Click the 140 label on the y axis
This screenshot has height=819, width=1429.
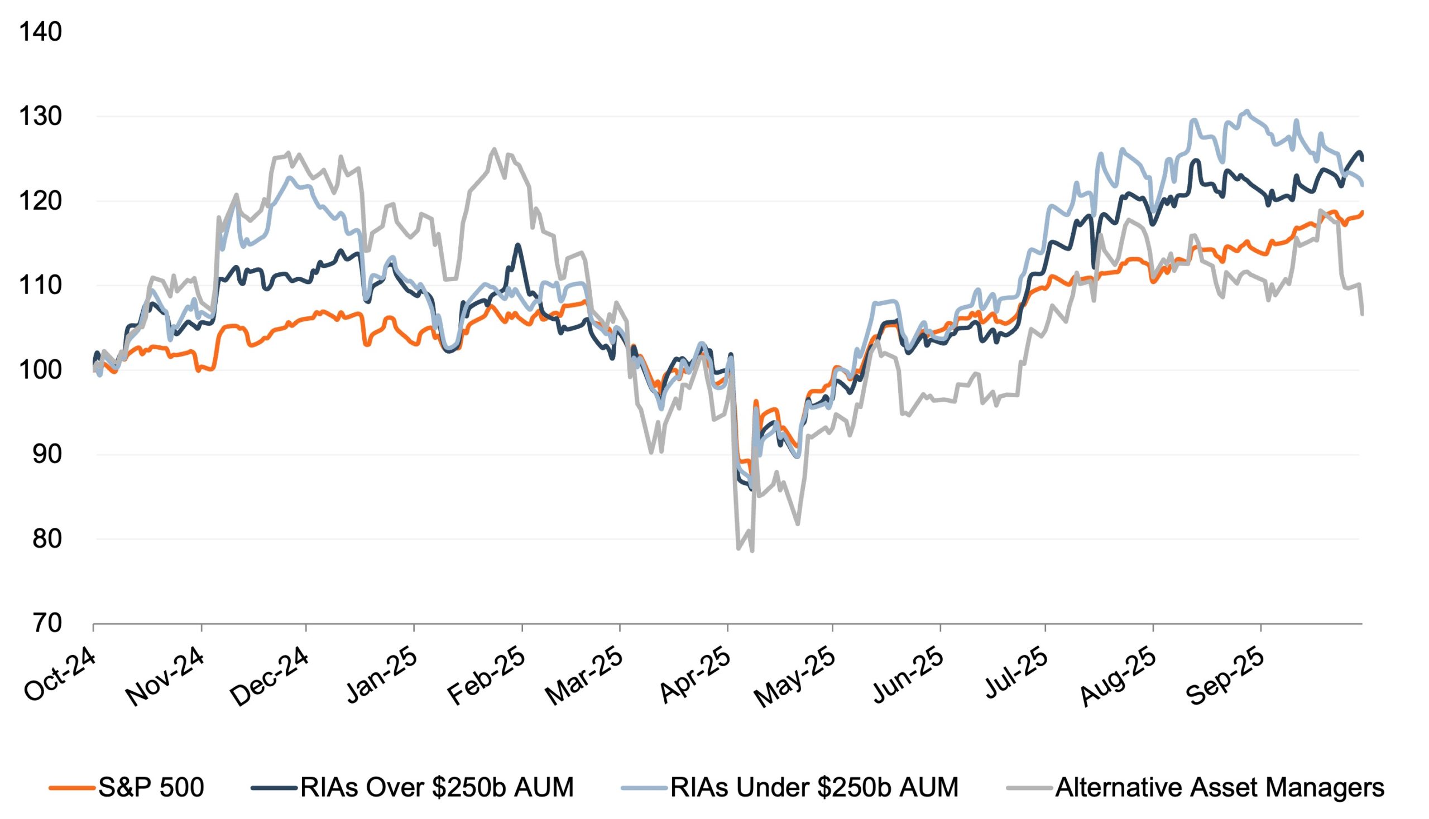[x=41, y=32]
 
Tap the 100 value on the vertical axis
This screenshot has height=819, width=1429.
[x=41, y=370]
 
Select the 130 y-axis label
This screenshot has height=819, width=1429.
[x=41, y=117]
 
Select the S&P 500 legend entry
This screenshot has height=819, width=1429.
[x=151, y=787]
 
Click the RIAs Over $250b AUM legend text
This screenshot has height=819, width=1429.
[x=437, y=787]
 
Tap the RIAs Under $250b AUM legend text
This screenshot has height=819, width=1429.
[x=814, y=787]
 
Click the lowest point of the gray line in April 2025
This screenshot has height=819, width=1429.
[x=752, y=551]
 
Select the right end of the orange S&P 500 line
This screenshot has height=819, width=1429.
[x=1361, y=212]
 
